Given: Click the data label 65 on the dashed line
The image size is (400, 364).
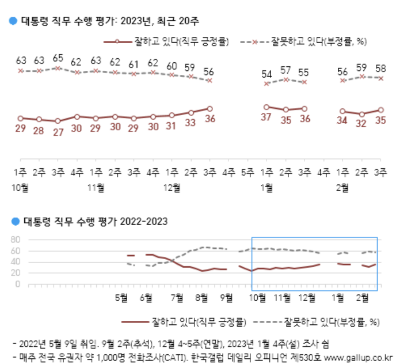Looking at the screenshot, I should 58,58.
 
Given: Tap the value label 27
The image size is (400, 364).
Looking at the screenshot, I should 58,132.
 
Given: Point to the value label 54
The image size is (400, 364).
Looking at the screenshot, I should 266,74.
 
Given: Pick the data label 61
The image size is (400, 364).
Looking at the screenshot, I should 134,64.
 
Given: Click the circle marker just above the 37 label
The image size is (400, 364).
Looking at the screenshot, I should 266,107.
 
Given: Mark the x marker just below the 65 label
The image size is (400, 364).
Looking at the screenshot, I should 58,68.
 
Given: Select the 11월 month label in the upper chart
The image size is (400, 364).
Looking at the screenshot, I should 96,187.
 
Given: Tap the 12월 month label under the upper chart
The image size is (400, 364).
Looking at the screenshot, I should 171,187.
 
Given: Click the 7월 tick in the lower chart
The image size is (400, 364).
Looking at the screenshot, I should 178,297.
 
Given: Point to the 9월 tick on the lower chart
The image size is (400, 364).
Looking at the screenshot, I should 227,297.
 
